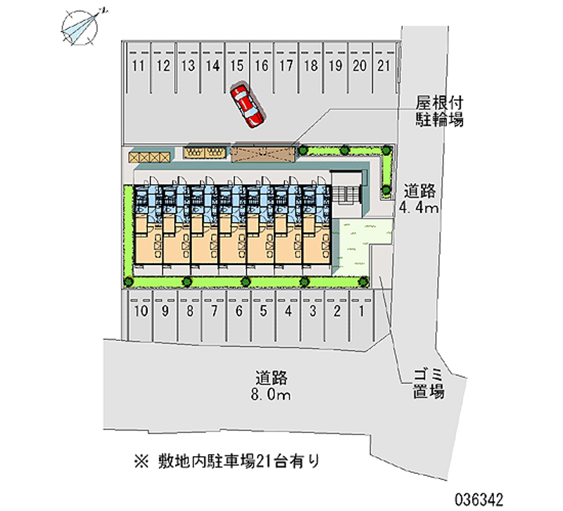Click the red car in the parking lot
[247, 105]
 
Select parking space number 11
[139, 67]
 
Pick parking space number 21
[384, 67]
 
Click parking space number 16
[261, 67]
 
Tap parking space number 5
[263, 311]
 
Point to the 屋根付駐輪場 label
[438, 112]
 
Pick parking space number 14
[213, 67]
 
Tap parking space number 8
[189, 311]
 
